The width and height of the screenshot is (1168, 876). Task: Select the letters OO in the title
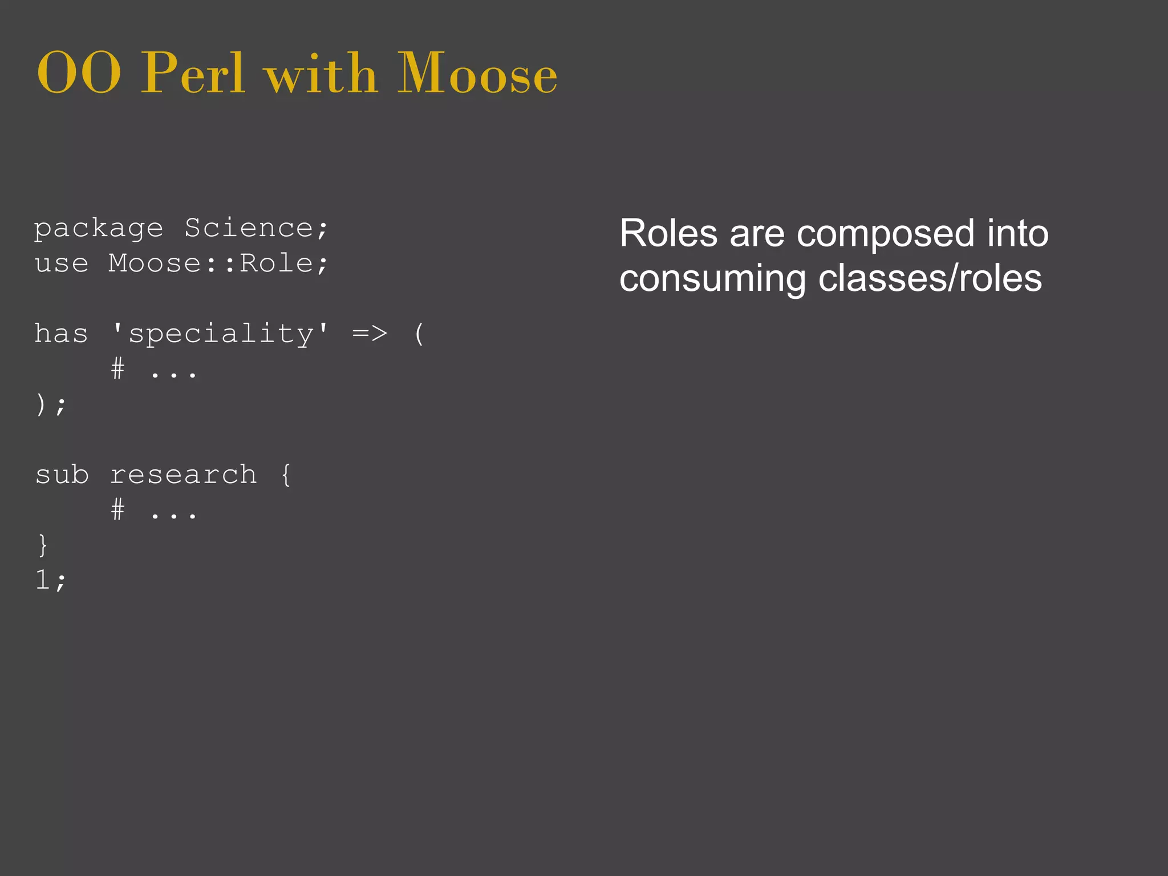pos(79,74)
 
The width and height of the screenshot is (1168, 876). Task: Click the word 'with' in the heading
pos(321,74)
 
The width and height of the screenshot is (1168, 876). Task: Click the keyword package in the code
pos(99,229)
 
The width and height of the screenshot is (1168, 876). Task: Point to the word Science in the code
pos(249,228)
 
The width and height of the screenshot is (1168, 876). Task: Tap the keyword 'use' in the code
pos(62,264)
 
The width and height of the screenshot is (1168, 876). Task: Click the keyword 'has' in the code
pos(62,334)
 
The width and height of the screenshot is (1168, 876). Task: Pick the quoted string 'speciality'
pos(220,334)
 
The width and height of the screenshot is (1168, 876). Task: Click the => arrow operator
pos(370,334)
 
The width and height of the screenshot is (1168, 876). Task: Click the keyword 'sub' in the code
pos(62,474)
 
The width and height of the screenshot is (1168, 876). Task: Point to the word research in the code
pos(183,474)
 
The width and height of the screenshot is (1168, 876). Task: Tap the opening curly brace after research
pos(286,474)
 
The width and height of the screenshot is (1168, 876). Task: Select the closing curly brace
pos(43,545)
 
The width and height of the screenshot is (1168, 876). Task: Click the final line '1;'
pos(50,580)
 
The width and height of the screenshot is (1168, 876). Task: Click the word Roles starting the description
pos(668,233)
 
